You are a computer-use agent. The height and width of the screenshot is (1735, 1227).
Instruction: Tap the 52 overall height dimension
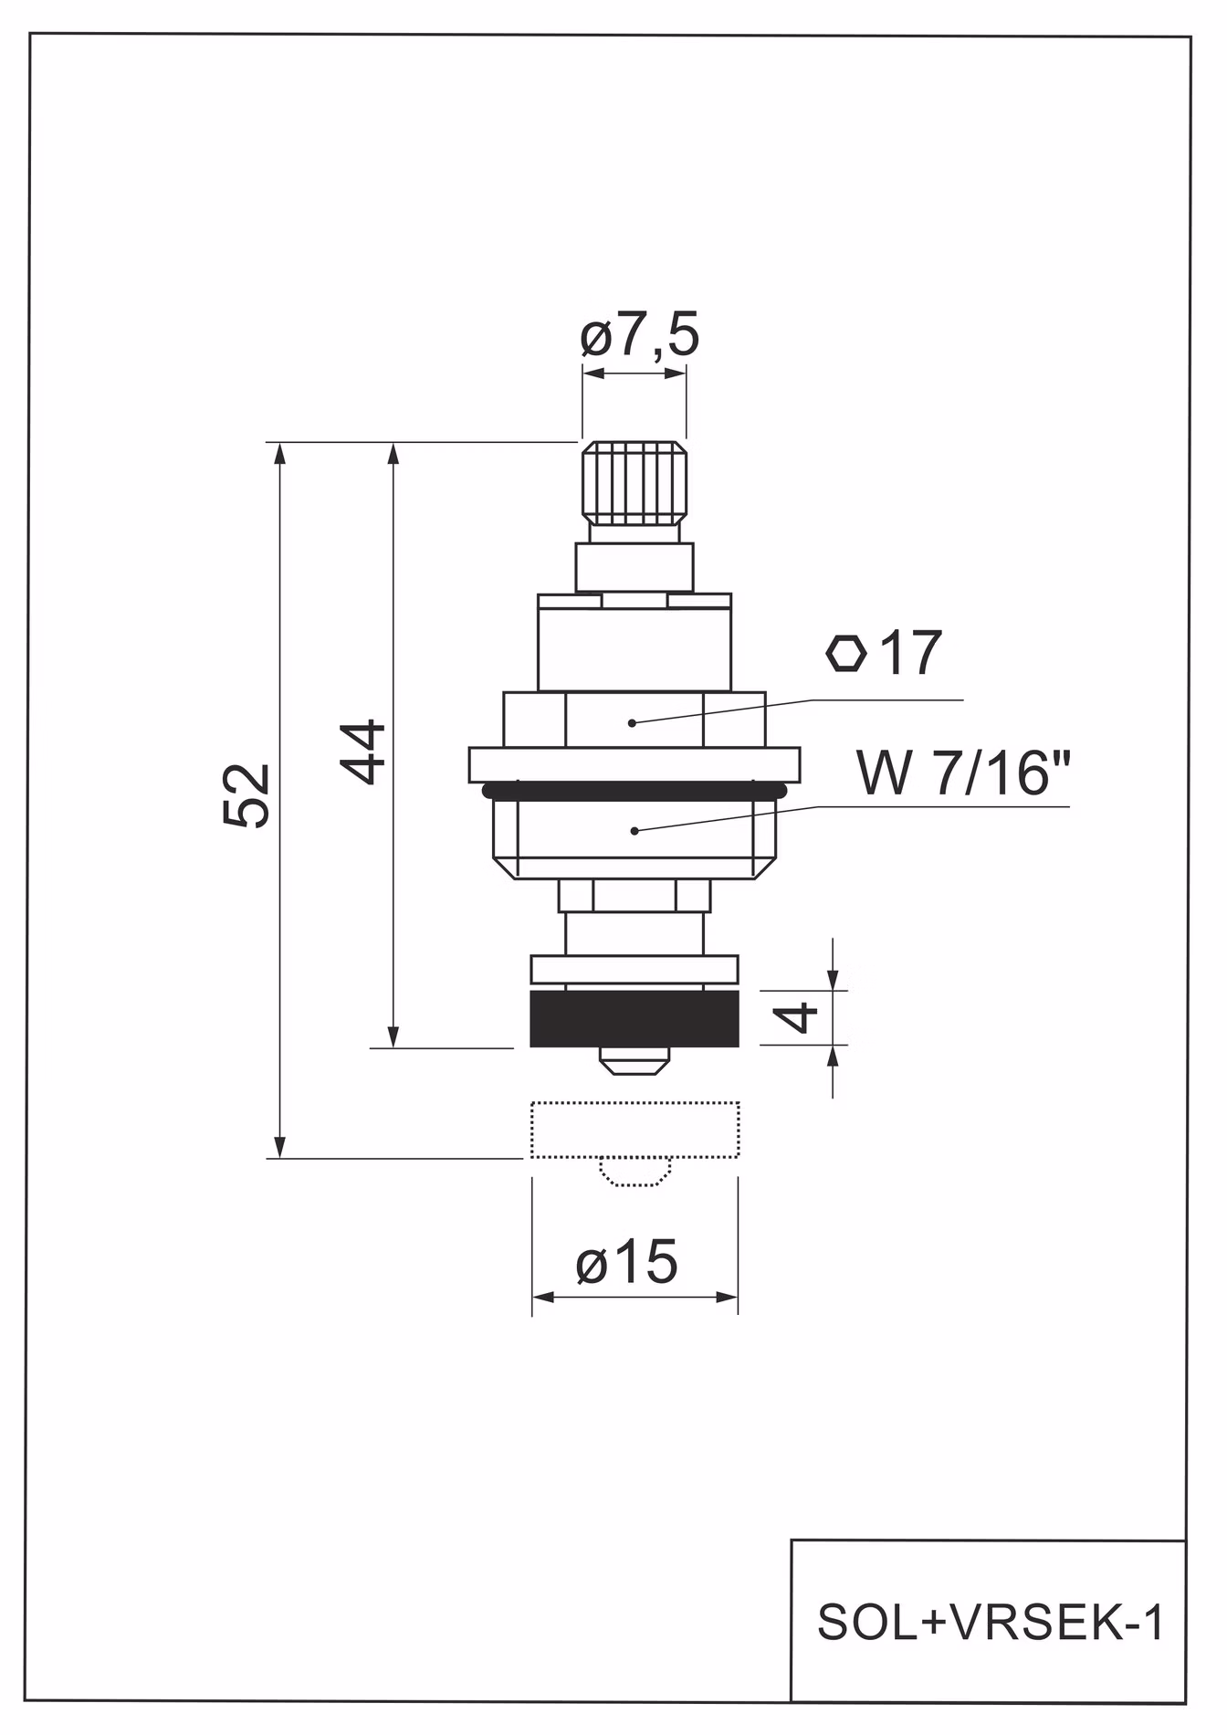[x=246, y=795]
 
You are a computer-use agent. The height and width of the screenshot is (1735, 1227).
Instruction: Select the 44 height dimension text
[x=364, y=752]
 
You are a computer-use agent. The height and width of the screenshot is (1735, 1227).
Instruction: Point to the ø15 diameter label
[x=626, y=1262]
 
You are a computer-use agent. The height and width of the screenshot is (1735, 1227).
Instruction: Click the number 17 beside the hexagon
[x=909, y=653]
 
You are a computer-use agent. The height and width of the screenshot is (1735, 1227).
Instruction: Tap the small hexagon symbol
[x=845, y=654]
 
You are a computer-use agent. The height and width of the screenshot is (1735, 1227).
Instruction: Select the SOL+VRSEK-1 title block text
[x=991, y=1624]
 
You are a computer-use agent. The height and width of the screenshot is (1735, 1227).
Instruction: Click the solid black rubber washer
[x=634, y=1019]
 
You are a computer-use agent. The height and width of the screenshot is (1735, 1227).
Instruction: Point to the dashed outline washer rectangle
[x=635, y=1130]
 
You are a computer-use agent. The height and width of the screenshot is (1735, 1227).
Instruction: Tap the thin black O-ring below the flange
[x=634, y=791]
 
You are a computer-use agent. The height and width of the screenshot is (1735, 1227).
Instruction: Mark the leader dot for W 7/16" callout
[x=634, y=830]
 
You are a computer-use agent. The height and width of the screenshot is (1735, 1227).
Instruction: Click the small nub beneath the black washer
[x=634, y=1060]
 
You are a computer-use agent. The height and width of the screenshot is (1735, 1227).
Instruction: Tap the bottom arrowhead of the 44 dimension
[x=393, y=1036]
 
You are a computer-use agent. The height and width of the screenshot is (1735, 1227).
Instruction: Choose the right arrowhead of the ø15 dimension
[x=727, y=1298]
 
